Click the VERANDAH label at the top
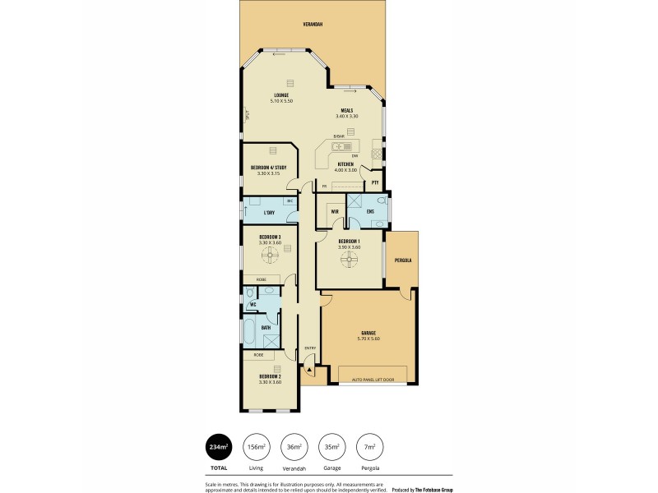click(312, 25)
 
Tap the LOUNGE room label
click(281, 94)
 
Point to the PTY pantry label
click(375, 182)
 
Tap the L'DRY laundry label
click(268, 213)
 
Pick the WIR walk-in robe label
click(335, 211)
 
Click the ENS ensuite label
click(370, 211)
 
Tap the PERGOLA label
click(402, 260)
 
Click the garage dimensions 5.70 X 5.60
click(368, 339)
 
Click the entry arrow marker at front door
click(308, 371)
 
